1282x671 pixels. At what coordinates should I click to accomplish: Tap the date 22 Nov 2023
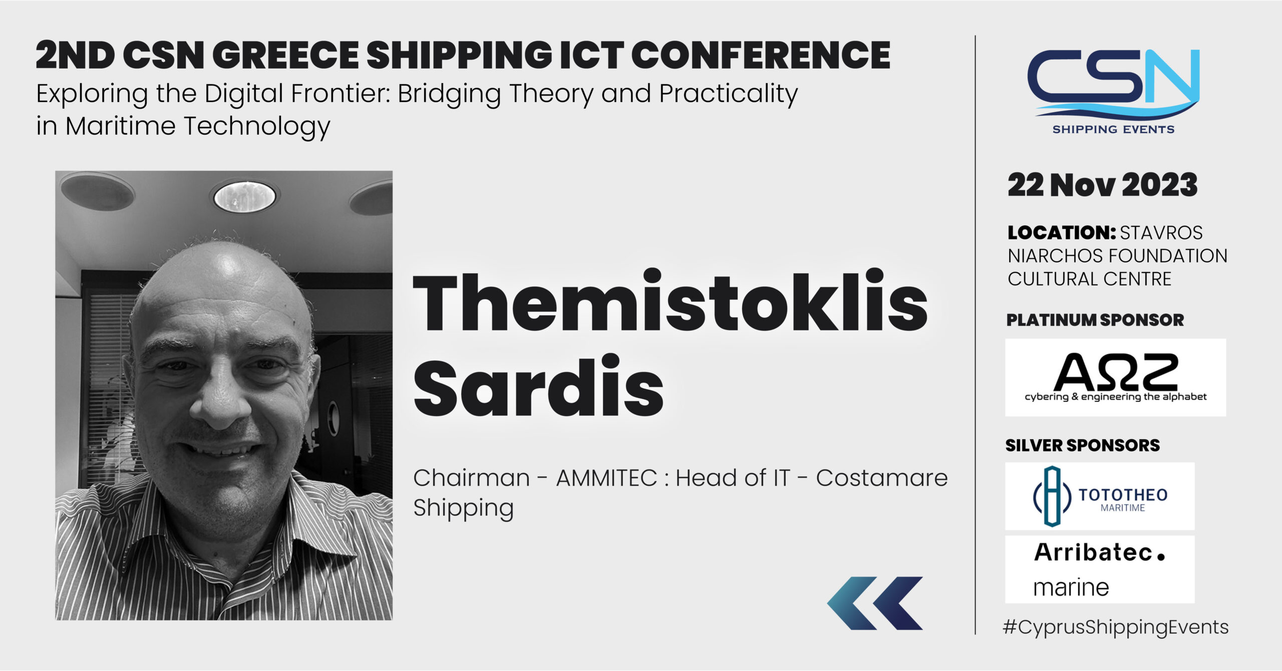pos(1102,185)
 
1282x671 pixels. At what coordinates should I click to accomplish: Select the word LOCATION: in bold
pos(1062,233)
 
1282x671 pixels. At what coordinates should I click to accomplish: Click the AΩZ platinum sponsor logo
pos(1115,377)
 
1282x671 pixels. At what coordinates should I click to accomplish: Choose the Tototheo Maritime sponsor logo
pos(1100,496)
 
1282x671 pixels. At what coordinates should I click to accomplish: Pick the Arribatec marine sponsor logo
pos(1100,569)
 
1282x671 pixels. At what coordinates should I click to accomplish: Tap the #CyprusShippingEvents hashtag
pos(1115,627)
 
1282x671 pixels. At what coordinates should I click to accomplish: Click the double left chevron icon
pos(875,603)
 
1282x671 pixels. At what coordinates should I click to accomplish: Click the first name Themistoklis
pos(670,300)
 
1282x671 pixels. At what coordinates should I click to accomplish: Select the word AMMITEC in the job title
pos(606,478)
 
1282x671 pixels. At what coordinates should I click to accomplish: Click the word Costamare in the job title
pos(882,478)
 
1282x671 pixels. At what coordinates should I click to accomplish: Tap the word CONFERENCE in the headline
pos(761,55)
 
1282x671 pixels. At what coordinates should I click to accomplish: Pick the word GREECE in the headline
pos(285,55)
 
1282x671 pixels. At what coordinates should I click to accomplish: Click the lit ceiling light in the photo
pos(245,196)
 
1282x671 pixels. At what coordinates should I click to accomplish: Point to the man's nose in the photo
pos(220,396)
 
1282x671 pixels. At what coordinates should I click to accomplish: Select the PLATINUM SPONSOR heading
pos(1095,320)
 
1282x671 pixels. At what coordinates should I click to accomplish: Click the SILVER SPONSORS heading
pos(1083,445)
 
